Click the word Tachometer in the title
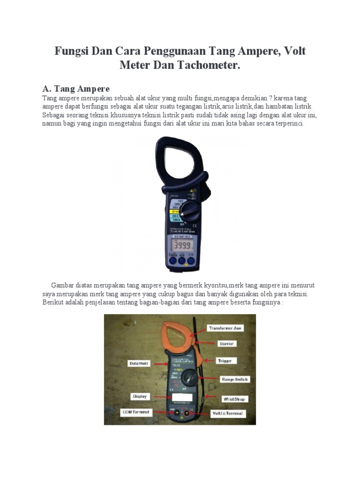point(209,65)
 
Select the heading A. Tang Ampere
point(76,89)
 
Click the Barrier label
point(228,344)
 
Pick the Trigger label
point(227,360)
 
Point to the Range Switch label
point(235,379)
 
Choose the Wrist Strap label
point(234,399)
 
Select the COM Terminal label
point(136,412)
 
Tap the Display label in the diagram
point(140,396)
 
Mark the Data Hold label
point(139,363)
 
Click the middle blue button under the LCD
point(181,261)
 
